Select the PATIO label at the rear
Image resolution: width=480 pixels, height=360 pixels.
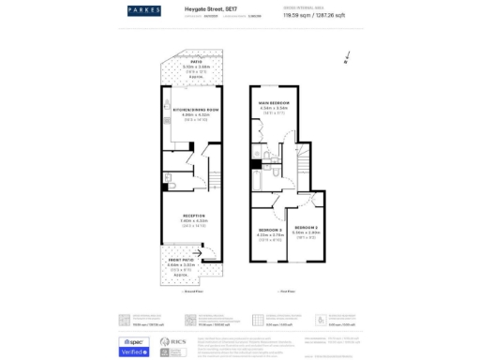(x=183, y=61)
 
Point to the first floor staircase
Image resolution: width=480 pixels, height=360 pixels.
(x=303, y=170)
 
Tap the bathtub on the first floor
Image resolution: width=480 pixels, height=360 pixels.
(x=256, y=176)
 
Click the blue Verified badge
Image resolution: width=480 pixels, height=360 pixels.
(x=134, y=352)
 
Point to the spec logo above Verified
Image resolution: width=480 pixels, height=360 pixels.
(x=134, y=341)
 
